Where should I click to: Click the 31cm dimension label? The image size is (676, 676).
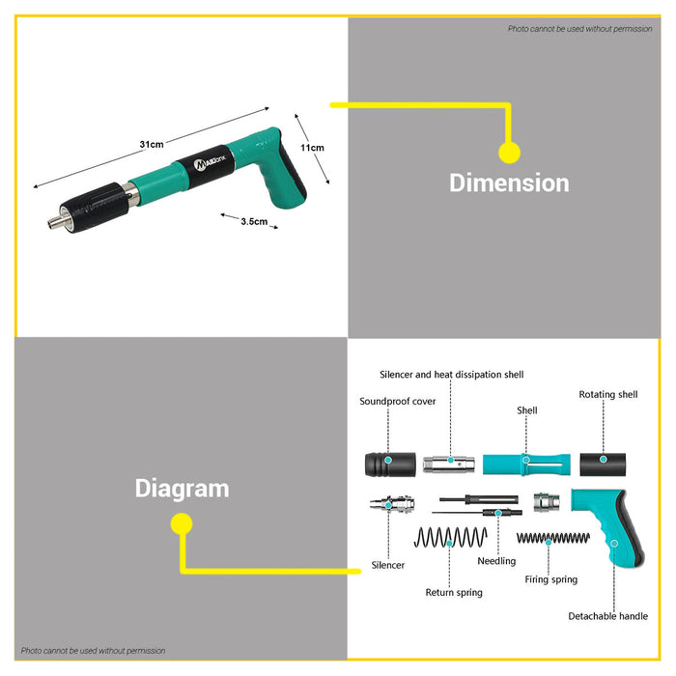pos(152,145)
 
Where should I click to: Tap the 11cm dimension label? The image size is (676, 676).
pos(312,148)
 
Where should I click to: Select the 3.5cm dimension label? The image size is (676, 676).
pos(254,221)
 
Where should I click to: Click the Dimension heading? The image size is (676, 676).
pos(509,183)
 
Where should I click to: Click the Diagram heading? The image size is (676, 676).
pos(182,489)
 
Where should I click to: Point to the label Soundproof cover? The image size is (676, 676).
pos(398,402)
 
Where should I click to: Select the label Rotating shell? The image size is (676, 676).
pos(607,394)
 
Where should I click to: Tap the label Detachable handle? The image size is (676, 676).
pos(607,616)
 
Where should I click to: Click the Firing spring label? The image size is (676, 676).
pos(551,579)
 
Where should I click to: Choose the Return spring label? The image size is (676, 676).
pos(454,593)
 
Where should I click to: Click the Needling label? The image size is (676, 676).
pos(496,561)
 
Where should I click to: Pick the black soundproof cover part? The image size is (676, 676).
pos(390,465)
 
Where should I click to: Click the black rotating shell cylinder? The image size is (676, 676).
pos(603,465)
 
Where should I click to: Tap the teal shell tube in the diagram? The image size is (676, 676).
pos(526,465)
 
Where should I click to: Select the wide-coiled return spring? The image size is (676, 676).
pos(451,537)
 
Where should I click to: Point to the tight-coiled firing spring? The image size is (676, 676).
pos(553,538)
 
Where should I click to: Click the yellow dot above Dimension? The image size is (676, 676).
pos(510,153)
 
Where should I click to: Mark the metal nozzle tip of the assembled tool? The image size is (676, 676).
pos(55,222)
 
